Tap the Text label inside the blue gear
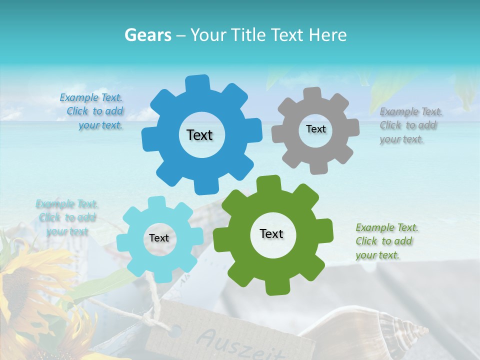pos(199,135)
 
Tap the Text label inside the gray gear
pos(315,129)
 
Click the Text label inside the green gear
pos(271,233)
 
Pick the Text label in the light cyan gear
pos(159,238)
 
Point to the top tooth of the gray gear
pos(312,94)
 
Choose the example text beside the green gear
pos(386,241)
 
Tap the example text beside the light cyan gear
pos(67,217)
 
